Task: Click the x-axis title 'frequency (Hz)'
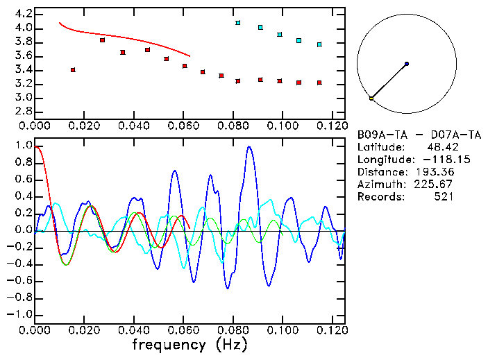pos(189,345)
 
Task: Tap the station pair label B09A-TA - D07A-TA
pos(419,135)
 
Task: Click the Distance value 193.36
pos(434,172)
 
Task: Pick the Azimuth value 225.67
pos(434,185)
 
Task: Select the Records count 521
pos(444,197)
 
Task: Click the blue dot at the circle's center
pos(406,64)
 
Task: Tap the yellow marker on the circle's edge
pos(371,98)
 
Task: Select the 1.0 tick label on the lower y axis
pos(24,146)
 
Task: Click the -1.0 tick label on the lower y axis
pos(21,314)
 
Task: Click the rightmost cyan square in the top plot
pos(319,44)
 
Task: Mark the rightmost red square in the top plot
pos(319,83)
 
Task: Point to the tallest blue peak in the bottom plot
pos(249,147)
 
